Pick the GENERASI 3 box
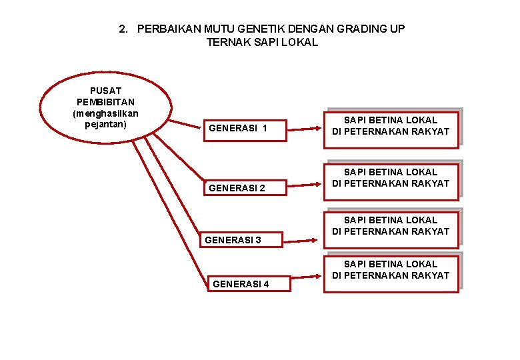pyautogui.click(x=241, y=239)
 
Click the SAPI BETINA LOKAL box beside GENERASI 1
pyautogui.click(x=391, y=125)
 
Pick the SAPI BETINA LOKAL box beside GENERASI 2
pyautogui.click(x=391, y=178)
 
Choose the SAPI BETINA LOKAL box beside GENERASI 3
pyautogui.click(x=391, y=226)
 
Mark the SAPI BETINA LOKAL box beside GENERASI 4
pyautogui.click(x=391, y=270)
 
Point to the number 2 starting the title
pyautogui.click(x=121, y=29)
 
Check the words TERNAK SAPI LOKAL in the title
pyautogui.click(x=262, y=42)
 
